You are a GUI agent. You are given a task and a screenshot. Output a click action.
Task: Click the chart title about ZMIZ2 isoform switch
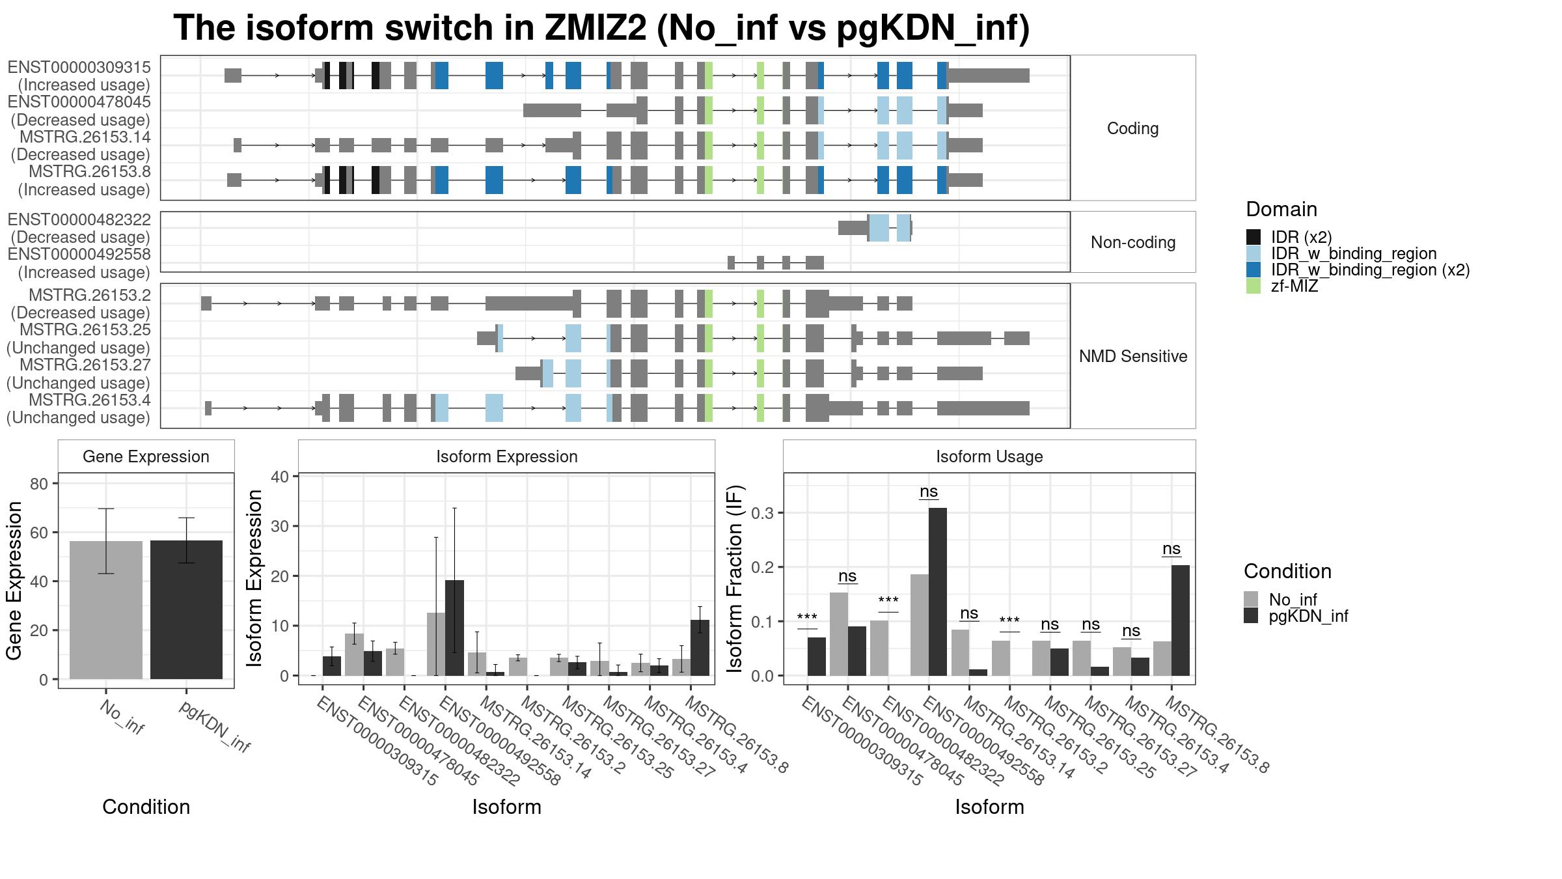[601, 28]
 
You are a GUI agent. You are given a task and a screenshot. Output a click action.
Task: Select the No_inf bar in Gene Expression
[106, 610]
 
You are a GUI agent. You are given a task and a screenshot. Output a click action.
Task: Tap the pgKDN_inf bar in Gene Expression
[186, 609]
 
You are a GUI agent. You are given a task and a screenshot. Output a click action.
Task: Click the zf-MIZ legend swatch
[1254, 286]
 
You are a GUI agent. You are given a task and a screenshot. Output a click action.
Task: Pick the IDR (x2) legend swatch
[1254, 237]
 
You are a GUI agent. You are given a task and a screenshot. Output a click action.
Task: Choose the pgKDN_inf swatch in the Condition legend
[1251, 616]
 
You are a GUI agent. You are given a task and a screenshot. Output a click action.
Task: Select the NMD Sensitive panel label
[1133, 356]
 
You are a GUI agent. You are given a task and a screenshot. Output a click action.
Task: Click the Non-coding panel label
[1133, 242]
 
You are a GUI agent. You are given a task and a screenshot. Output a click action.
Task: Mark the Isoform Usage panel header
[989, 456]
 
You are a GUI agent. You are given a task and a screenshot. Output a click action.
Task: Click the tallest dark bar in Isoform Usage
[938, 592]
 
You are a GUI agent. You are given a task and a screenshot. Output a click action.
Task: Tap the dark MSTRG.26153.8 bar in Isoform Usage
[1181, 621]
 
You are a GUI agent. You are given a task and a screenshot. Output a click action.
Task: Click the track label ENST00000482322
[79, 219]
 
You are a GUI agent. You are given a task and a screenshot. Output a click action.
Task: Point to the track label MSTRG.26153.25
[85, 330]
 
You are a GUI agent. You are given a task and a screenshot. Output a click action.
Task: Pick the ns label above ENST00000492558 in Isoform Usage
[929, 492]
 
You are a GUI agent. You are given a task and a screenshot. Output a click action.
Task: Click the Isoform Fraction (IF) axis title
[735, 578]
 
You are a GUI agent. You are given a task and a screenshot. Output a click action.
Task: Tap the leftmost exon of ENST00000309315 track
[233, 76]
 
